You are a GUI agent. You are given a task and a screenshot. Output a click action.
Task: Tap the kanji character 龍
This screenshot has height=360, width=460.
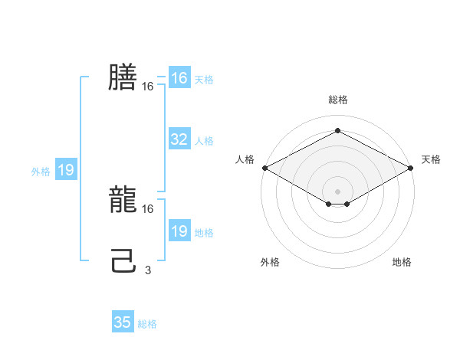coord(123,200)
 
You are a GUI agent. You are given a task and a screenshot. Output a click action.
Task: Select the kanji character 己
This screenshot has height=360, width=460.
coord(123,261)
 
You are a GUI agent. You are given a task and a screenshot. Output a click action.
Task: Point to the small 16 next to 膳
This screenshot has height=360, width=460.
coord(148,87)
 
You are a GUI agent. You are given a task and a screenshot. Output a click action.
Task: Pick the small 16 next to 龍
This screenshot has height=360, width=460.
coord(148,208)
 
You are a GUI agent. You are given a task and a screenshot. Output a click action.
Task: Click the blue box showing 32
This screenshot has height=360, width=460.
coord(179,139)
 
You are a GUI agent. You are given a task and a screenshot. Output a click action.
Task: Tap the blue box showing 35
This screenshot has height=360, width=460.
coord(123,322)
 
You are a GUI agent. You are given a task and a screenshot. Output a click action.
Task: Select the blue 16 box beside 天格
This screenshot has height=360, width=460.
coord(179,78)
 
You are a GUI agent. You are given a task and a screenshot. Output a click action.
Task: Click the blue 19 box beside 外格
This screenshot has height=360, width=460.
coord(66,170)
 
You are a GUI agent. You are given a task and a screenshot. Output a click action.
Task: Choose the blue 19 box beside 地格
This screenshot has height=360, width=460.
coord(179,231)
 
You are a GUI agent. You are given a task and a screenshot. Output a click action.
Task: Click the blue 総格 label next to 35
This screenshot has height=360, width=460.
coord(147,324)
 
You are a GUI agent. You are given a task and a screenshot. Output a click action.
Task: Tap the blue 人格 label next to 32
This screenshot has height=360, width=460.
coord(204,141)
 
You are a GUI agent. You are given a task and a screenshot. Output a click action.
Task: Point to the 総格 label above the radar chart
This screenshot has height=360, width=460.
coord(337,100)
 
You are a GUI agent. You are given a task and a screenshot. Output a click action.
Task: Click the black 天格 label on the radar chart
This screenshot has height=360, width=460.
coord(431,159)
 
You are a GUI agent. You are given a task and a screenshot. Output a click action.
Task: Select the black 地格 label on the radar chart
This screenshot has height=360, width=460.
coord(402,262)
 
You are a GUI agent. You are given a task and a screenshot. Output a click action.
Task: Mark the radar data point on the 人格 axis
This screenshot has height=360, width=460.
coord(264,167)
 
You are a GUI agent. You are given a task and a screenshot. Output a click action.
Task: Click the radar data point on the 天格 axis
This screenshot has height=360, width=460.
coord(411,167)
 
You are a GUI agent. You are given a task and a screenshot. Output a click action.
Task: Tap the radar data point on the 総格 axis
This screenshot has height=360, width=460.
coord(337,131)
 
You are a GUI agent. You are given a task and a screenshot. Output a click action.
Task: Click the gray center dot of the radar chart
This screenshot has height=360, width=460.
coord(337,191)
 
